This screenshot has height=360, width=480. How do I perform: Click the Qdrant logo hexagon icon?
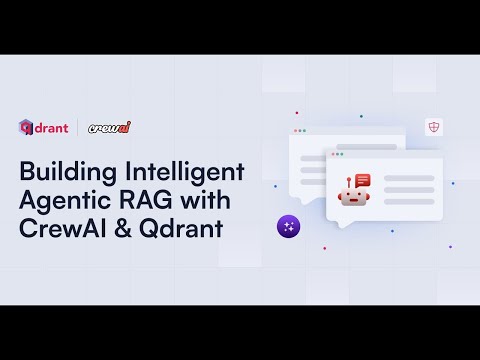(26, 126)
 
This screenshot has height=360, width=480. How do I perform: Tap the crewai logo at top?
(110, 127)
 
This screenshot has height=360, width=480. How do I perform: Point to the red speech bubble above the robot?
(362, 179)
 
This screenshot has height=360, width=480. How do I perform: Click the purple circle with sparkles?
(289, 226)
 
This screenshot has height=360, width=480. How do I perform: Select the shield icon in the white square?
(434, 126)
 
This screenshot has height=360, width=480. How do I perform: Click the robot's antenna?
(350, 181)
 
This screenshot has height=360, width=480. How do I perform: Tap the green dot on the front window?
(341, 155)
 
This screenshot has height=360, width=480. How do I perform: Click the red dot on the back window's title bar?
(294, 131)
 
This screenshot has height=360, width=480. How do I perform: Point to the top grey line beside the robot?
(408, 178)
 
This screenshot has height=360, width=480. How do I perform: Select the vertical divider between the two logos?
(77, 127)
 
